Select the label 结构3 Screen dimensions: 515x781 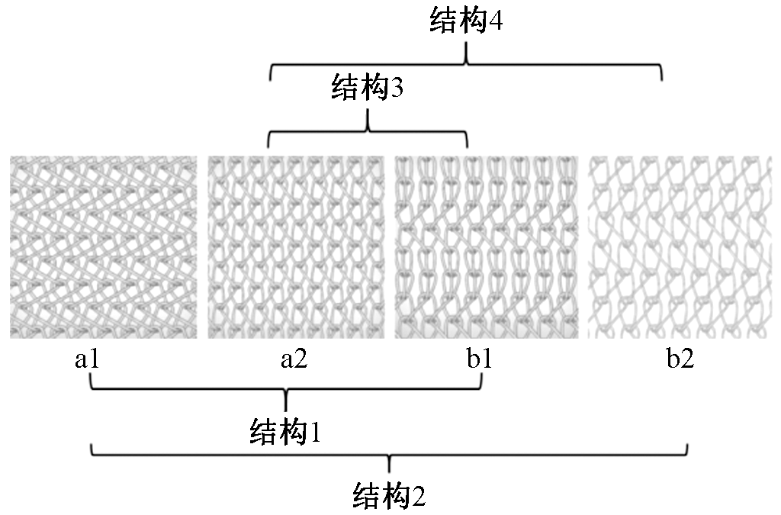tap(367, 89)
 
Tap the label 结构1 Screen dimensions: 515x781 tap(284, 433)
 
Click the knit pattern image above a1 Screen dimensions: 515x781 tap(103, 246)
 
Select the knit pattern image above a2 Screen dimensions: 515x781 tap(296, 246)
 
